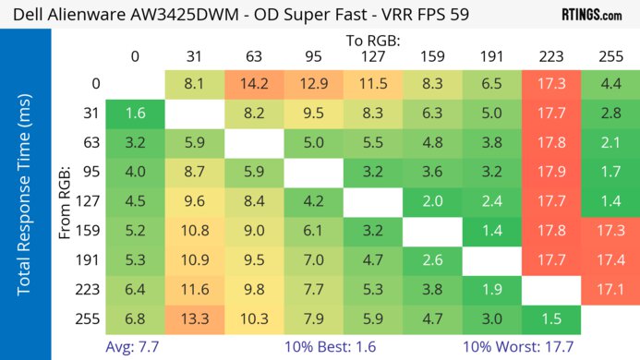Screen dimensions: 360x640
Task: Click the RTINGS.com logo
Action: click(591, 15)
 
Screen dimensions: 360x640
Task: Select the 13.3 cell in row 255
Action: click(195, 320)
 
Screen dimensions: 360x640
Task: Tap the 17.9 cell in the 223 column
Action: click(551, 173)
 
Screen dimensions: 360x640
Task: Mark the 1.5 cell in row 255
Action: click(551, 320)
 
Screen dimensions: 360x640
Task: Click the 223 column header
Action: click(551, 56)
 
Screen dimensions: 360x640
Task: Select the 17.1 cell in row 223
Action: click(610, 291)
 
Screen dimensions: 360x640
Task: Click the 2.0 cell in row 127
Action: click(432, 202)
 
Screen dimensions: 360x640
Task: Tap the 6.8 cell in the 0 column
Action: click(135, 320)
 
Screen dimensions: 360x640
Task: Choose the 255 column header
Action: click(610, 56)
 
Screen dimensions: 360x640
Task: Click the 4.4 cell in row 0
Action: click(610, 84)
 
